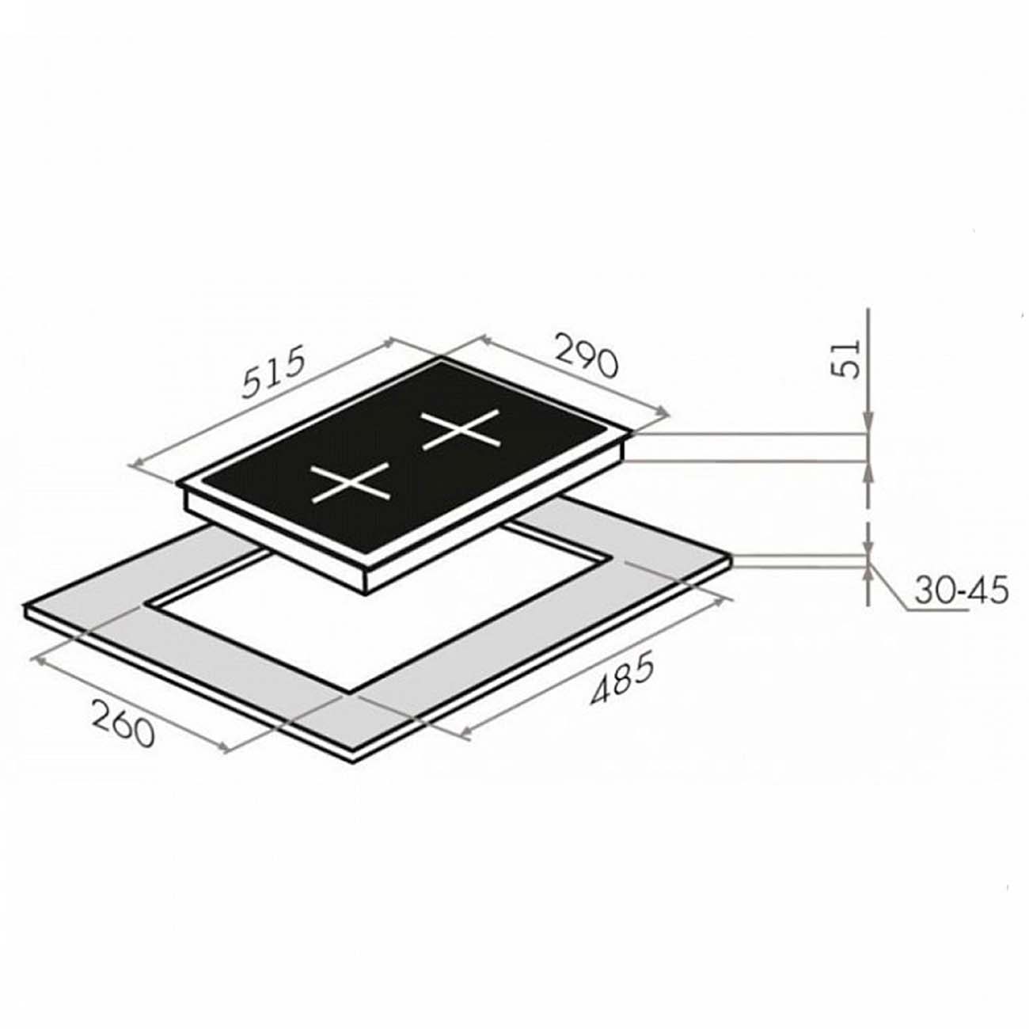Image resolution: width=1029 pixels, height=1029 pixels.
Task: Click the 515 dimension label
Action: pyautogui.click(x=273, y=372)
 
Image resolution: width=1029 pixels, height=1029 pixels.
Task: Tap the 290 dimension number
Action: pyautogui.click(x=586, y=355)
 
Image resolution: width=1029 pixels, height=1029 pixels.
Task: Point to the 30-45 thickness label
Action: pyautogui.click(x=962, y=590)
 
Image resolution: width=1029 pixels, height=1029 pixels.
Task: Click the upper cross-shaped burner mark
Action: pyautogui.click(x=461, y=430)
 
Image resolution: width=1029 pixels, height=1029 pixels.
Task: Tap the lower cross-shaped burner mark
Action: pyautogui.click(x=351, y=483)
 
